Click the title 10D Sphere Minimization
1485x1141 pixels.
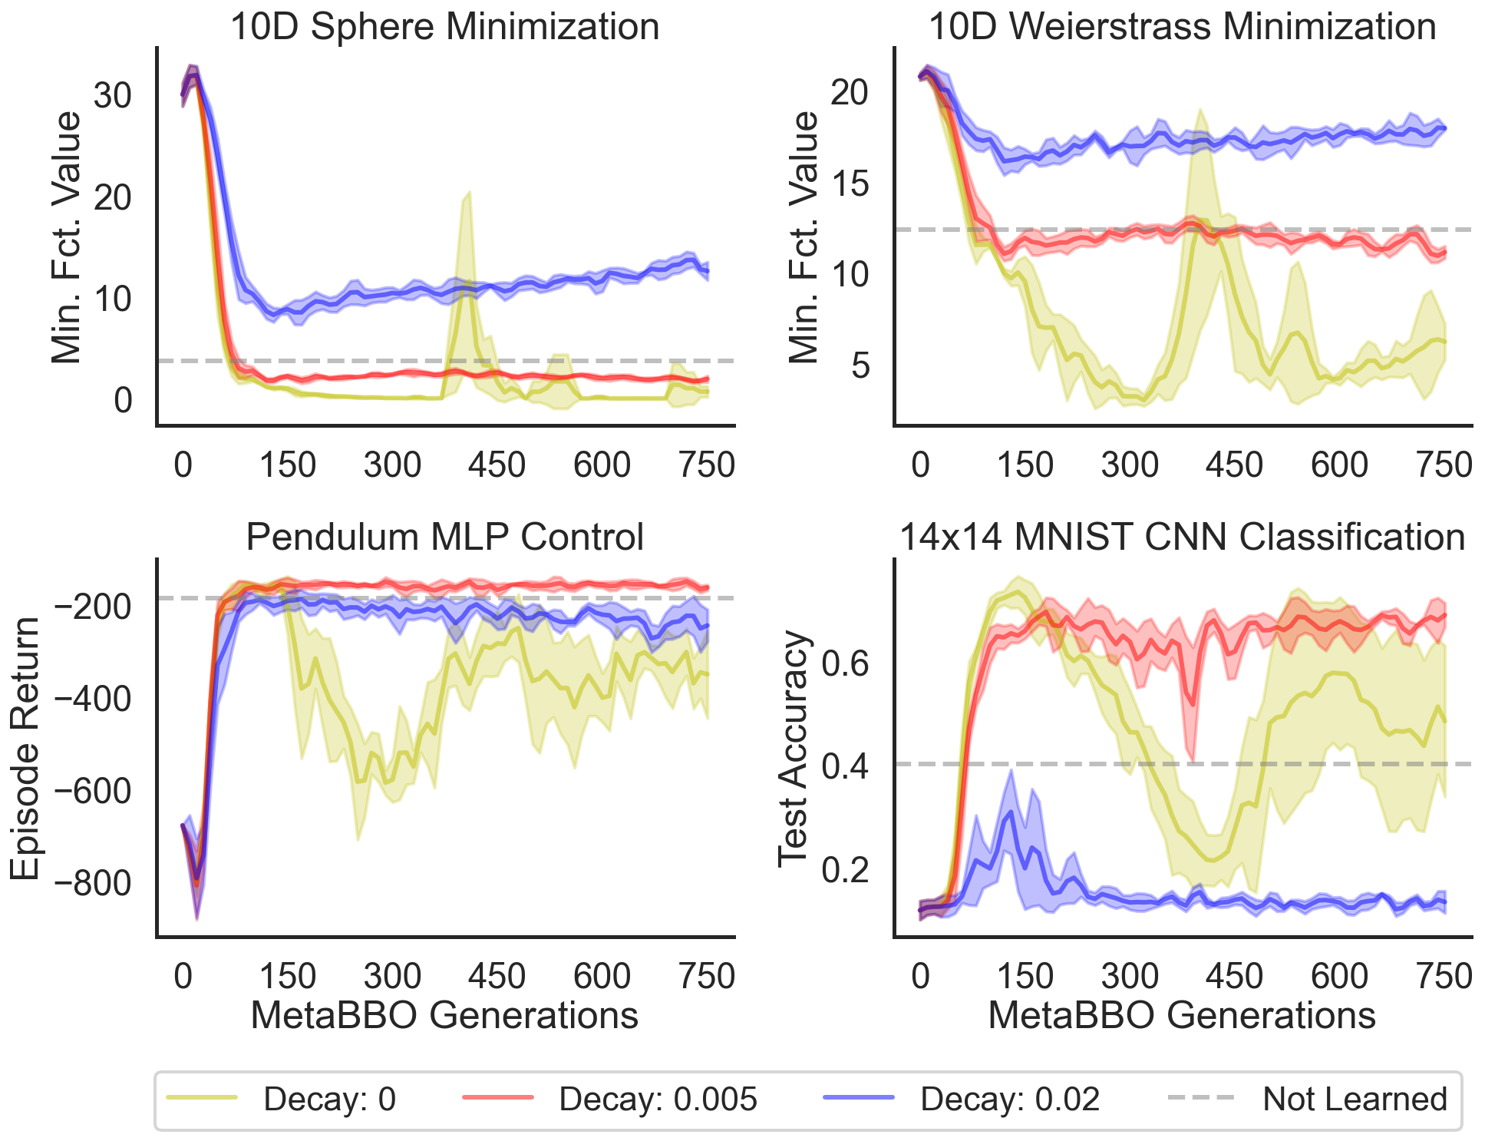click(x=444, y=27)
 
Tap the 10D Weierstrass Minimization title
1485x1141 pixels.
click(x=1182, y=27)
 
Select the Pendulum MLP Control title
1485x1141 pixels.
click(x=444, y=537)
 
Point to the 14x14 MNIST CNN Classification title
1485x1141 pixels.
click(x=1182, y=537)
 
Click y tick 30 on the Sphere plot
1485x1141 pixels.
click(x=112, y=96)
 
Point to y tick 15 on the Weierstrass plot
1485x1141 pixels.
click(x=850, y=184)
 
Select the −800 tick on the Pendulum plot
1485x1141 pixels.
click(x=91, y=884)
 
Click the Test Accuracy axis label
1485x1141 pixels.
click(x=794, y=749)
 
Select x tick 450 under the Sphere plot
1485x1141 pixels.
click(x=497, y=465)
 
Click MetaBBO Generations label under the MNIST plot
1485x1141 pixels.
click(x=1182, y=1015)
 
